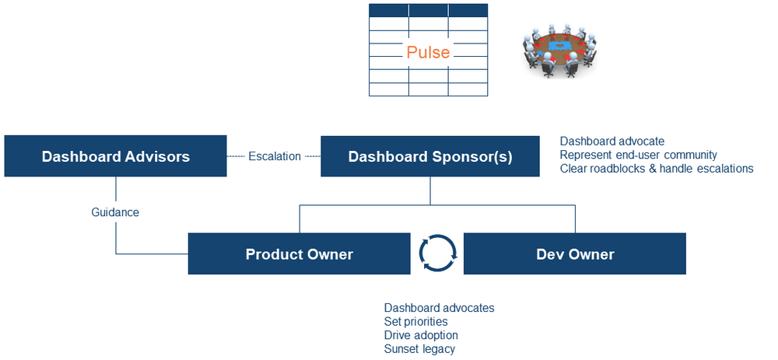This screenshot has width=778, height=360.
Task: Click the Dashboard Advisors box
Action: click(115, 156)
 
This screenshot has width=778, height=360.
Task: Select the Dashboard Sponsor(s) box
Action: click(430, 156)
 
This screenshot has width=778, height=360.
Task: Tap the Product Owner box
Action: click(299, 254)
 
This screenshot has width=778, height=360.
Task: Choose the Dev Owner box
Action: click(575, 254)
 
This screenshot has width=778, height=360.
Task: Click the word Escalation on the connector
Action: click(274, 156)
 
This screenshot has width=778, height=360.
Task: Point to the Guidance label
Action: click(115, 211)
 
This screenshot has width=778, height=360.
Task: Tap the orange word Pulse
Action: click(428, 52)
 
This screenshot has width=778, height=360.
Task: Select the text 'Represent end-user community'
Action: click(638, 155)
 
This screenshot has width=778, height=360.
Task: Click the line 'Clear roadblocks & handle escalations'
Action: click(656, 168)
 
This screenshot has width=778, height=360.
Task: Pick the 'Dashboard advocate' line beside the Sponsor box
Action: click(612, 141)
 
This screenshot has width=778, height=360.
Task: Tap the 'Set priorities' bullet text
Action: click(415, 321)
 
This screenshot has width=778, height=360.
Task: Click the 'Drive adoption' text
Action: click(421, 335)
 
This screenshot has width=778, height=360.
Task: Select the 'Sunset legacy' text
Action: click(419, 348)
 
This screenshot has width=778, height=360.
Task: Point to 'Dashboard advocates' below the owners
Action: click(439, 308)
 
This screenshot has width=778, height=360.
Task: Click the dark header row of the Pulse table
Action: click(428, 10)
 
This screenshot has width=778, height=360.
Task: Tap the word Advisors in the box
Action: click(155, 156)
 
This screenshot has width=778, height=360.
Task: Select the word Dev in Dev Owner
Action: click(550, 254)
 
